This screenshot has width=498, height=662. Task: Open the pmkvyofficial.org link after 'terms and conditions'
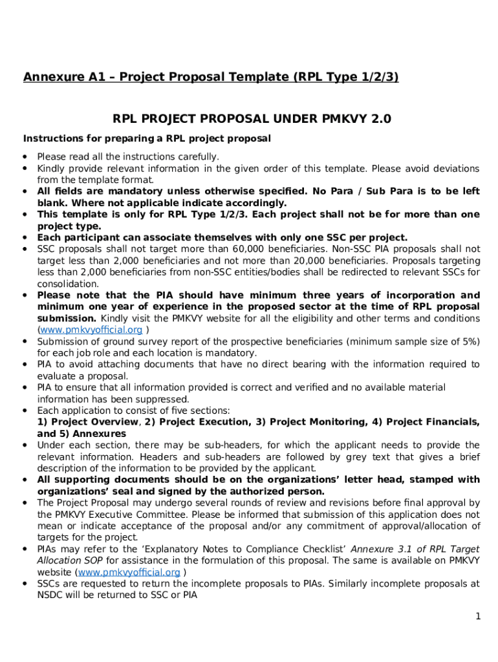[x=92, y=330]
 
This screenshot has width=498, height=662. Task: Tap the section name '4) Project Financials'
[x=422, y=422]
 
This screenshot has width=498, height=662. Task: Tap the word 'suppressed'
[x=146, y=399]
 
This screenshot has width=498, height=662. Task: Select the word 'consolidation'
[x=68, y=284]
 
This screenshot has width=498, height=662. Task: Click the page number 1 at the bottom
[x=478, y=617]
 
